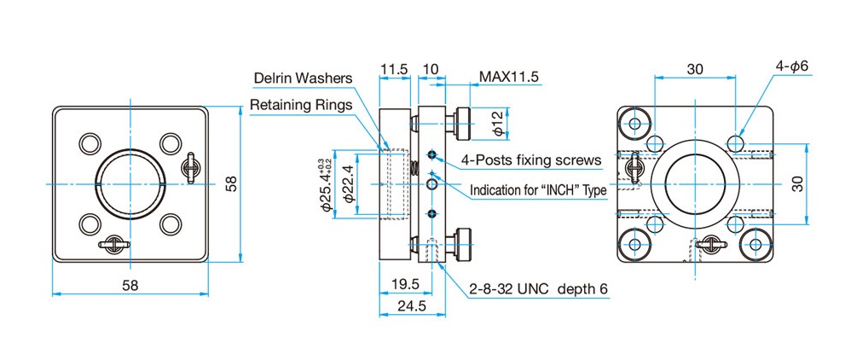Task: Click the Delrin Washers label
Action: click(x=303, y=78)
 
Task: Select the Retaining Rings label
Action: click(x=301, y=105)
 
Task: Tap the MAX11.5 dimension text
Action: click(x=508, y=77)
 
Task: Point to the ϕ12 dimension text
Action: click(x=500, y=125)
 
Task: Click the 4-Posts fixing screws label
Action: click(x=531, y=160)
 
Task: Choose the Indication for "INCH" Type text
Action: click(x=538, y=190)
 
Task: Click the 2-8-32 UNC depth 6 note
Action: click(x=539, y=289)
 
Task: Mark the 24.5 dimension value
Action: click(x=411, y=305)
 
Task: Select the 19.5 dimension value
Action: click(x=405, y=284)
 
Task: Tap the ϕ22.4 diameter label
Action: click(x=350, y=184)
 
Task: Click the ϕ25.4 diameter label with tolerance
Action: click(x=327, y=184)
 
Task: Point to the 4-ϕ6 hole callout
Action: click(x=792, y=66)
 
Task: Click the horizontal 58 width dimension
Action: click(x=130, y=285)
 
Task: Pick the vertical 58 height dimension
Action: click(x=232, y=184)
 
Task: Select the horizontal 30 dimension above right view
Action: click(x=695, y=69)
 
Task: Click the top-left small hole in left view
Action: click(x=90, y=143)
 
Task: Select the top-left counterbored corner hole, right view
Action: click(x=634, y=123)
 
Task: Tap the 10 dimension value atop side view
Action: click(x=431, y=69)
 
